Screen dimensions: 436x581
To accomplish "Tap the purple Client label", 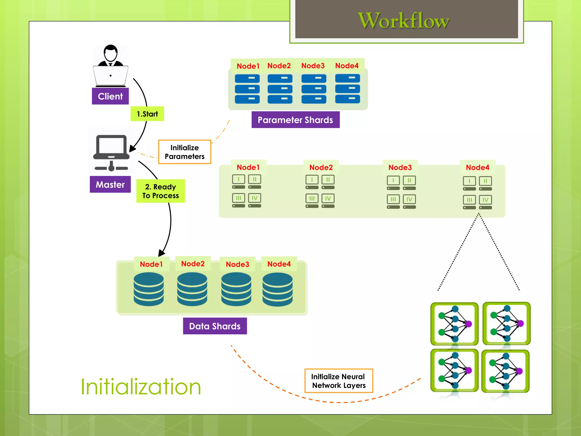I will click(x=110, y=96).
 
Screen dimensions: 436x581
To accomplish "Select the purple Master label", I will click(x=110, y=185).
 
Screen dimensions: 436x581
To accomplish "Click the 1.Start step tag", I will click(x=147, y=114).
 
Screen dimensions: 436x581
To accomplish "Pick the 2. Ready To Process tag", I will click(x=161, y=191).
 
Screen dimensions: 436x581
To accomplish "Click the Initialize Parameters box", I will click(x=184, y=152).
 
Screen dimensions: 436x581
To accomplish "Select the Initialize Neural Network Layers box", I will click(x=338, y=381).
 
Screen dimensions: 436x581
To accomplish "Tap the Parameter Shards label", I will click(x=295, y=120).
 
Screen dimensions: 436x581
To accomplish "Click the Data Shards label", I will click(x=215, y=326).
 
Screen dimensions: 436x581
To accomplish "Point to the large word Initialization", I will click(x=141, y=387).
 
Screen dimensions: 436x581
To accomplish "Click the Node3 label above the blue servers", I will click(x=313, y=66).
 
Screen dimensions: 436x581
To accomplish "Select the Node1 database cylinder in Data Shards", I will click(x=149, y=289).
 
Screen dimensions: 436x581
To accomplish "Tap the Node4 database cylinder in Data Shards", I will click(x=277, y=289).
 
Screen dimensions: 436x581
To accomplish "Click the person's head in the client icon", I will click(x=110, y=53).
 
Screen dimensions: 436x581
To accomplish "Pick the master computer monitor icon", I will click(x=111, y=146).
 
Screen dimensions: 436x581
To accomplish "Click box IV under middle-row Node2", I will click(x=328, y=198).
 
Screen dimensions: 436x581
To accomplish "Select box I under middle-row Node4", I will click(x=469, y=181).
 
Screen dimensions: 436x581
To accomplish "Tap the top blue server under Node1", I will click(x=247, y=78).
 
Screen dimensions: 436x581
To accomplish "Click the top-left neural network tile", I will click(x=454, y=324).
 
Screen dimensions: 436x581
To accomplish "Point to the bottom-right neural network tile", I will click(x=506, y=371).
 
